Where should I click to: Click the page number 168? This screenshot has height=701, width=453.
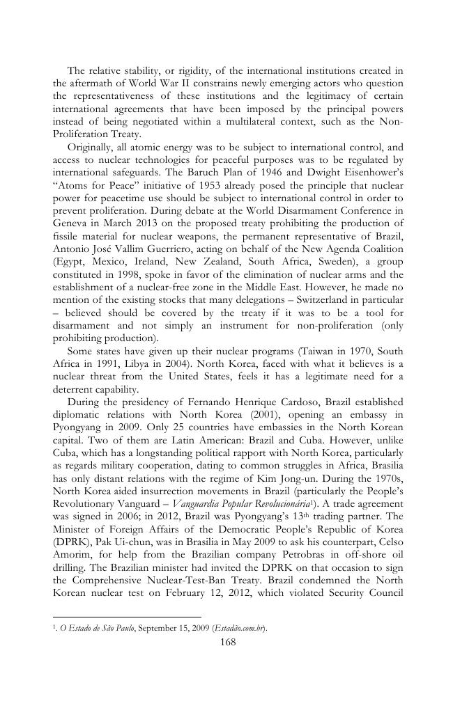[227, 642]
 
